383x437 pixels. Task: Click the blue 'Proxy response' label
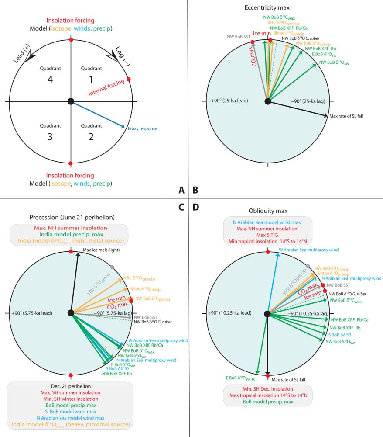tap(142, 128)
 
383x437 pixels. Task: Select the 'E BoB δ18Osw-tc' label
tap(240, 378)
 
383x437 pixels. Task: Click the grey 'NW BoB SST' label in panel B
tap(238, 37)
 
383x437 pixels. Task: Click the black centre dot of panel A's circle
tap(71, 101)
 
